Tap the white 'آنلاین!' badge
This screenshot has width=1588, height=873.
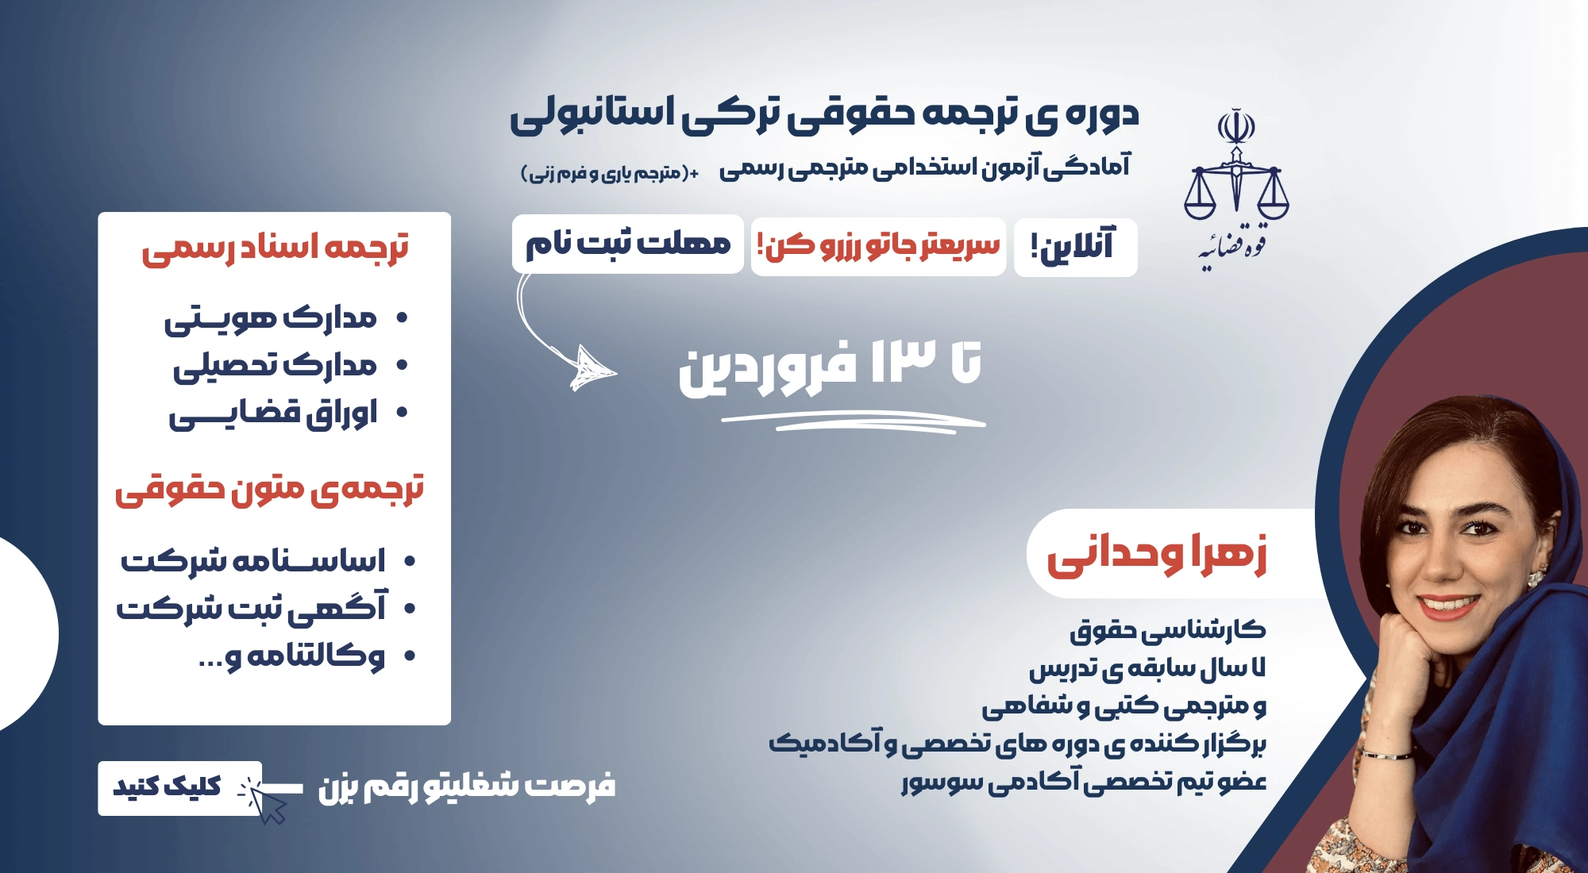coord(1075,247)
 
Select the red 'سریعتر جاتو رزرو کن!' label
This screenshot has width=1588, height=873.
coord(878,246)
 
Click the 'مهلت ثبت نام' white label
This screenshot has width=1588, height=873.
coord(627,244)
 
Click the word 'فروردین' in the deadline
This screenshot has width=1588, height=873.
coord(768,367)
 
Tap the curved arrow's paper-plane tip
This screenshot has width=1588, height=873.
coord(592,368)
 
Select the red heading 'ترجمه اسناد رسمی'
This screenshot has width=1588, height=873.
coord(275,248)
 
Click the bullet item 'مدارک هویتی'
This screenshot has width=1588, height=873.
coord(270,319)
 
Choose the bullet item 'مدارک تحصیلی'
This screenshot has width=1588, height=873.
coord(275,366)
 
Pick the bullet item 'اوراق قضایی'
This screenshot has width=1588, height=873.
coord(272,414)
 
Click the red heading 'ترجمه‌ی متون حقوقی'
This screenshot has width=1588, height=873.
coord(270,489)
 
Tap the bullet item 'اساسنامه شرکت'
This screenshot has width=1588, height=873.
coord(252,561)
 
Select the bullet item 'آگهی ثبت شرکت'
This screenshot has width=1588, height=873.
coord(251,607)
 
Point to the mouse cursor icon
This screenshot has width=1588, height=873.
coord(265,800)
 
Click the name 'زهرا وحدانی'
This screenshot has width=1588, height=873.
coord(1157,554)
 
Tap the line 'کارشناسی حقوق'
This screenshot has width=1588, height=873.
coord(1167,630)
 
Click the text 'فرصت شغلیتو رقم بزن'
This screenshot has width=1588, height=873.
coord(467,786)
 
